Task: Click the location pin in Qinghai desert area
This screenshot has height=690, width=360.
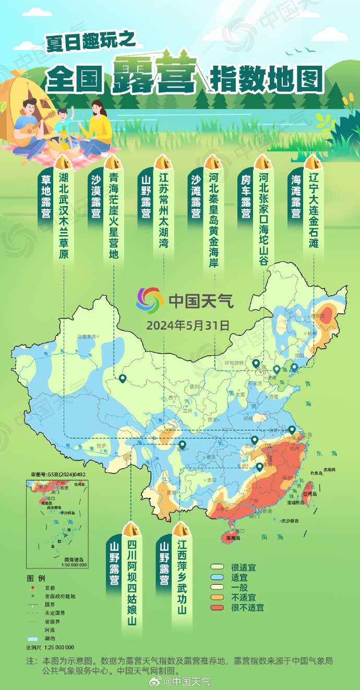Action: (x=123, y=379)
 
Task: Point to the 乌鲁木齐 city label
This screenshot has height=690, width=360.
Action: (x=86, y=337)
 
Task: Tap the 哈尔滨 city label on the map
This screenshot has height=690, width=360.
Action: (x=318, y=316)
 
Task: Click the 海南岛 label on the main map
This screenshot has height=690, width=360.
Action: (x=233, y=538)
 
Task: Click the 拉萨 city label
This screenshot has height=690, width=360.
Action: (x=102, y=446)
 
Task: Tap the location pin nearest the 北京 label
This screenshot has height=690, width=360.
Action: (x=256, y=364)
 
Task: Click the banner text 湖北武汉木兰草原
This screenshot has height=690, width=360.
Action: (x=63, y=215)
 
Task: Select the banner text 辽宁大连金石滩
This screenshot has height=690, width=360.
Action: (x=313, y=210)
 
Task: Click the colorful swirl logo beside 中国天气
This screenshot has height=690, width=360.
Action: (x=150, y=300)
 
